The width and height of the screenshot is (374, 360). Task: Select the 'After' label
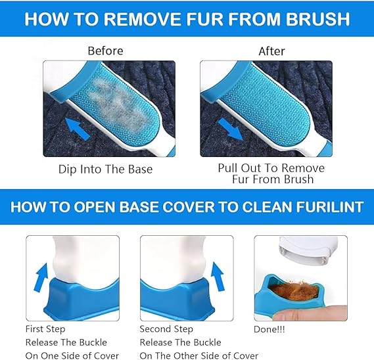coord(271,50)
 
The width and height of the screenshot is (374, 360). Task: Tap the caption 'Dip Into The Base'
coord(105,169)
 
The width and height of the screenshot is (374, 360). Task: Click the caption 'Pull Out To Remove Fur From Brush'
coord(271,173)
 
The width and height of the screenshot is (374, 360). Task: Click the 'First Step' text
coord(46,328)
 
